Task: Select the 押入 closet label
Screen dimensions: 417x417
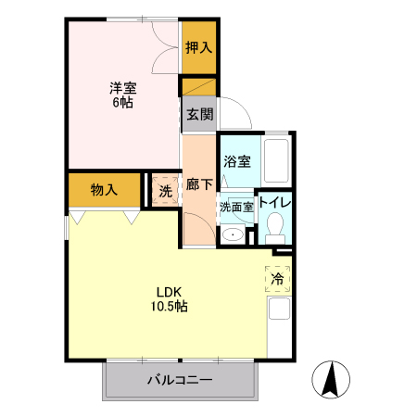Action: pos(197,47)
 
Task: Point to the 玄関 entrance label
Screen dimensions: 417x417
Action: pos(198,115)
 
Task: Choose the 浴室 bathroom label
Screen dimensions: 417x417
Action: pos(238,161)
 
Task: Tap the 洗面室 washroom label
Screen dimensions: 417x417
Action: pos(235,207)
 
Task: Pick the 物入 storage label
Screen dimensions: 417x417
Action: pos(105,190)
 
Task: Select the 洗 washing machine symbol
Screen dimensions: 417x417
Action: pos(165,192)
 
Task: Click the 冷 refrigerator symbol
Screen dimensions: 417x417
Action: pos(278,277)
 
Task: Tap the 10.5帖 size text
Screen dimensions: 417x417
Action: pos(171,305)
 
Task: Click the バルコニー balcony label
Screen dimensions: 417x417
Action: pos(180,380)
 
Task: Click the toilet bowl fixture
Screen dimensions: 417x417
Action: pos(274,227)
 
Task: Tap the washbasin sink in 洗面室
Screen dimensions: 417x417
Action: pos(234,234)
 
